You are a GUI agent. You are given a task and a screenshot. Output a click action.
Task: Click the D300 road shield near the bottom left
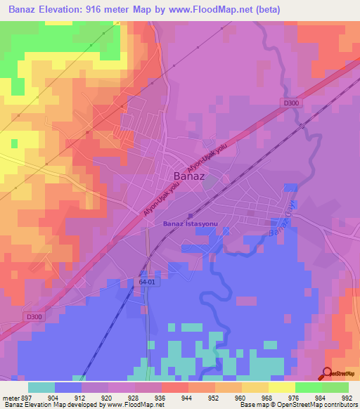pyautogui.click(x=15, y=317)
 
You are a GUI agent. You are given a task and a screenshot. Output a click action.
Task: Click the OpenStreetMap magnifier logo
pyautogui.click(x=327, y=374)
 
